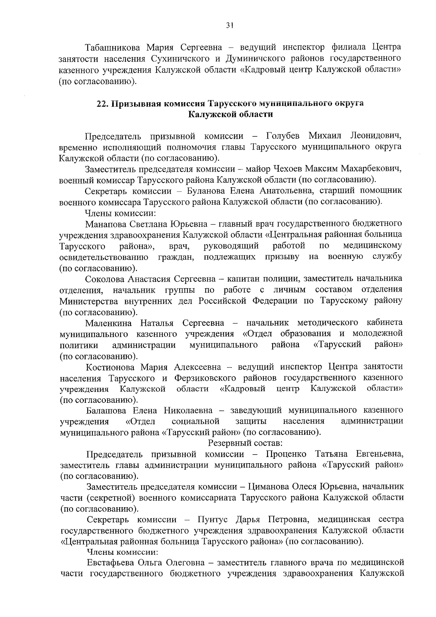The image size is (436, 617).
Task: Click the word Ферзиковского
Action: point(205,378)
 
